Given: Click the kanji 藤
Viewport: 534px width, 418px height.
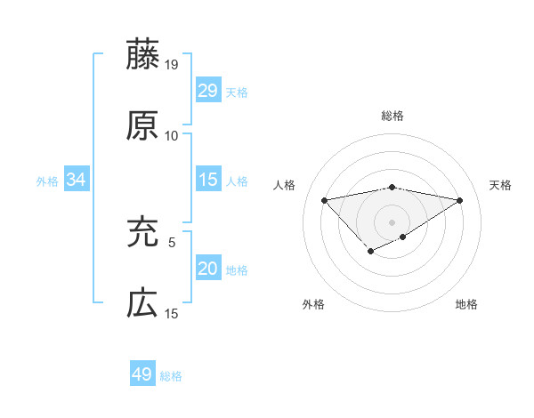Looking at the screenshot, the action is pos(142,54).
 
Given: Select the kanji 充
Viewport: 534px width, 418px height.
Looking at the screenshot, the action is pos(142,232).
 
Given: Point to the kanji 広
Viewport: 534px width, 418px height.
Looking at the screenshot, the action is pos(142,303).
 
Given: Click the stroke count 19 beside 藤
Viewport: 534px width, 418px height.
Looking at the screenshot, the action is pos(172,64).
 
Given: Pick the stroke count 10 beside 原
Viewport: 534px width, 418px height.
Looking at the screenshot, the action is pos(172,135).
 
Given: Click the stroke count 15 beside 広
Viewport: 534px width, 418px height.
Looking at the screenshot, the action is pos(172,313).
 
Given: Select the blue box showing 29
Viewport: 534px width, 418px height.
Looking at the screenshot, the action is pos(208,90).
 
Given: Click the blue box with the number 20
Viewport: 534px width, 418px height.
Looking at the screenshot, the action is pos(208,269).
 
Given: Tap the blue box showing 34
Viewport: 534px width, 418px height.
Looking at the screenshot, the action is pos(77,180).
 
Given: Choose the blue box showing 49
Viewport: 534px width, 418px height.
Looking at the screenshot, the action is pos(142,374).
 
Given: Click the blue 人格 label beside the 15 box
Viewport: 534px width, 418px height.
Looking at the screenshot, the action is pos(237,181).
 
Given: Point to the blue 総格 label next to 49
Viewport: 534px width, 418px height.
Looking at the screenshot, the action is pos(171,376).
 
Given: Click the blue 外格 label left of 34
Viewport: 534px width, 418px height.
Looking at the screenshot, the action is pos(47,181).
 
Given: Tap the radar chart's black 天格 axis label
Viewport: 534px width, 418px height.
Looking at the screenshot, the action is pos(500,185).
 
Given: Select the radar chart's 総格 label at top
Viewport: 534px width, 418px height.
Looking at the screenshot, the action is pos(392,116).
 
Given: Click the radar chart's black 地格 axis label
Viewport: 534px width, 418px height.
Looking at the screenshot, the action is pos(466,304).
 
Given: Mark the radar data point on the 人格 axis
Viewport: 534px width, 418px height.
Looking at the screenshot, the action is pos(324,199).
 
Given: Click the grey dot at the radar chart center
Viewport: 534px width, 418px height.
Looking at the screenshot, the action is pos(392,221).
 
